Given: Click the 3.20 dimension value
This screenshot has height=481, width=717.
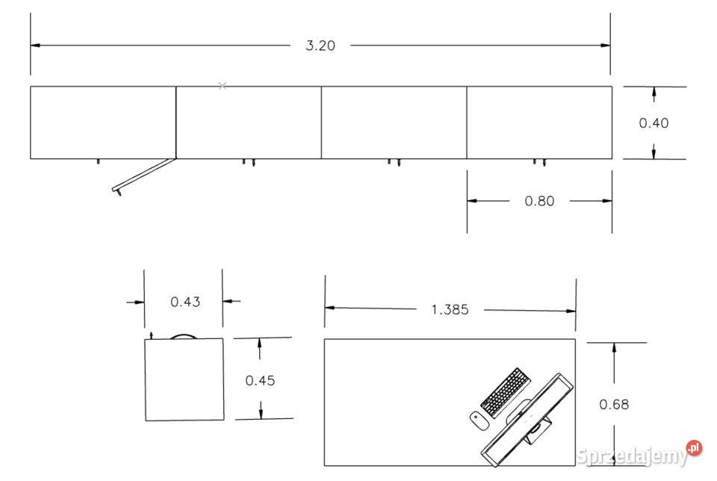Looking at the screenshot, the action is tap(320, 46).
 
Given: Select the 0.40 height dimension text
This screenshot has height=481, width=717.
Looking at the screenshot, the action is tap(654, 123).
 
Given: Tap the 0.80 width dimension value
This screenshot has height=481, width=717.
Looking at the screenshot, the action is tap(539, 201).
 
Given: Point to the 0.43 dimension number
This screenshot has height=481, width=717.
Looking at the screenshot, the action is tap(185, 302).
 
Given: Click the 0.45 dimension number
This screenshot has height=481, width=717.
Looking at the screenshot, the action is tap(260, 380).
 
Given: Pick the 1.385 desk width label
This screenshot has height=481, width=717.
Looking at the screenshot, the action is tap(450, 310).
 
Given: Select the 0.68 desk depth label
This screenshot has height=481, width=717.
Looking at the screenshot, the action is tap(614, 404).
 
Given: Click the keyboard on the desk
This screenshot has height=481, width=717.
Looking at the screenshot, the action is tap(506, 392).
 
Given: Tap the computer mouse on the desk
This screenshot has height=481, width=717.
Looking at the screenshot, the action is tap(479, 421).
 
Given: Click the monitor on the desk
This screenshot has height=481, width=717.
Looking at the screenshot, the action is tap(527, 420).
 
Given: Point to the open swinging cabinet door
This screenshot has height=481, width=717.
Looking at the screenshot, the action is tap(143, 175).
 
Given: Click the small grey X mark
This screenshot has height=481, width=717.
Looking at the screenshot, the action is tap(223, 86).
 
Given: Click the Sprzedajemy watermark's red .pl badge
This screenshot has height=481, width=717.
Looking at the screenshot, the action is tap(694, 447).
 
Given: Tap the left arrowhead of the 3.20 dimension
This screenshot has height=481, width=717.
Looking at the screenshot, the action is tap(35, 46).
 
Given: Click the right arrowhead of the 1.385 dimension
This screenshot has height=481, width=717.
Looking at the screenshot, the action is tap(571, 311).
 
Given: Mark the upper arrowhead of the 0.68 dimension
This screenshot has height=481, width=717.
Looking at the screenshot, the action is tap(614, 347).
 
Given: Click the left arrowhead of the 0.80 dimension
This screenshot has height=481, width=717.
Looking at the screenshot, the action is tap(472, 201).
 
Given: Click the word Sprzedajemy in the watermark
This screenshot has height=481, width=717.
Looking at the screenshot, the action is tap(632, 456).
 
